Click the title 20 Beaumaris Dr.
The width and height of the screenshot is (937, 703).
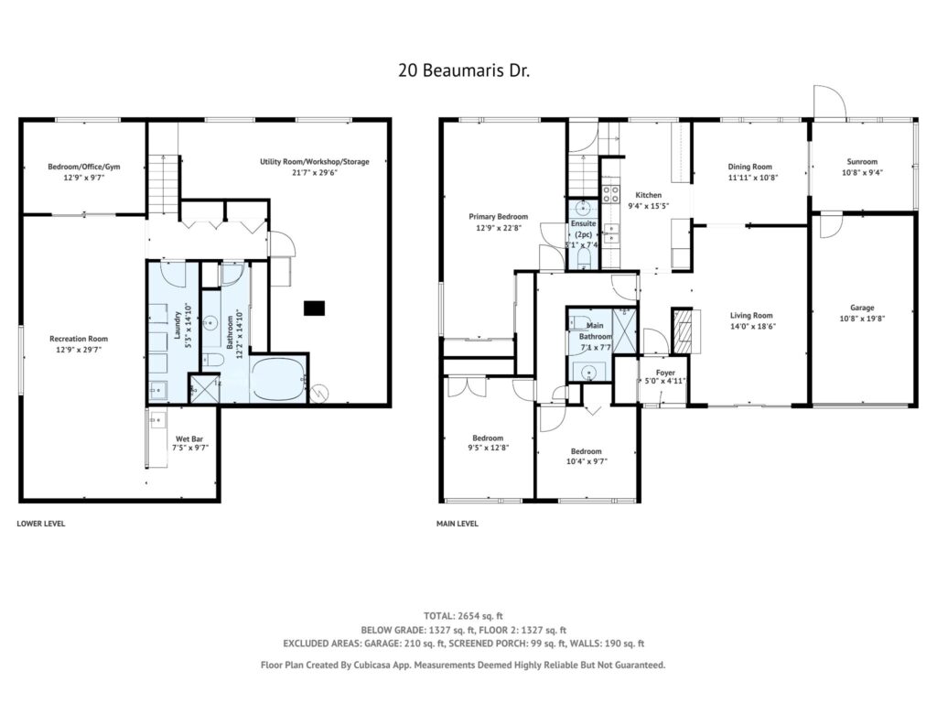[464, 70]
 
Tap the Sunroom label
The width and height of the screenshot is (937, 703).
[862, 161]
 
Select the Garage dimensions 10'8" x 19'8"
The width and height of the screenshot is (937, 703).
[862, 319]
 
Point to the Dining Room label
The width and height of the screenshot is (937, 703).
[749, 167]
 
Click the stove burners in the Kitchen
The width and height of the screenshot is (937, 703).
[610, 193]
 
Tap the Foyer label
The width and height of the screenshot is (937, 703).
[665, 373]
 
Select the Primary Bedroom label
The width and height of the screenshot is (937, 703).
[498, 216]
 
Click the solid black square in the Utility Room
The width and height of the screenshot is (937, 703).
[315, 308]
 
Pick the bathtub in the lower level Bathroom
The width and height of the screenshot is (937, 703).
[278, 380]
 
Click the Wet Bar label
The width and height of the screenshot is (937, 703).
[189, 438]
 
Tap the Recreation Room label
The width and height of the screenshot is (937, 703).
[79, 339]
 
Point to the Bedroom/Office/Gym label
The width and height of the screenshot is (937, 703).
[83, 167]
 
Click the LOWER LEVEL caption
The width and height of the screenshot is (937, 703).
[40, 524]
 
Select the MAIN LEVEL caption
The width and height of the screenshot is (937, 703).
[458, 524]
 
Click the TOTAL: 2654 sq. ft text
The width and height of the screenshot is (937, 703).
[463, 616]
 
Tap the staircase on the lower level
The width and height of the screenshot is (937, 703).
[163, 183]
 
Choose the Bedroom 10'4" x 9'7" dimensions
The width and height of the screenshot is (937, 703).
[586, 461]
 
